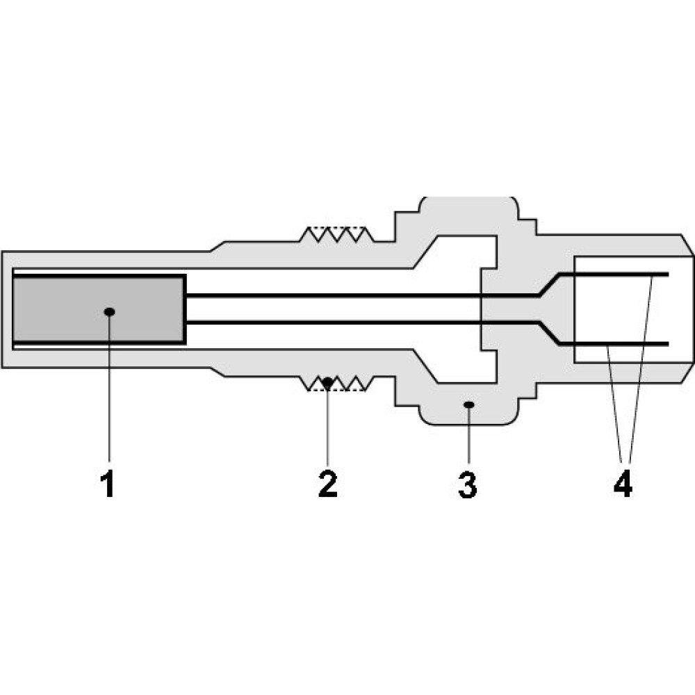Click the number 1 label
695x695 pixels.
108,485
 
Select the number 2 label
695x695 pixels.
327,484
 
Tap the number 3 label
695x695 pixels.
468,485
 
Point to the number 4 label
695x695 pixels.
623,485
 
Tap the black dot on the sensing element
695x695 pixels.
108,311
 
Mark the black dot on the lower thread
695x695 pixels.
327,382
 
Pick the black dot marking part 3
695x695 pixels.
468,403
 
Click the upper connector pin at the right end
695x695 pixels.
619,274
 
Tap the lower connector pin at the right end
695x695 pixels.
619,344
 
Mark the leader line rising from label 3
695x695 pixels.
468,434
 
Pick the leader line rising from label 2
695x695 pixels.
327,424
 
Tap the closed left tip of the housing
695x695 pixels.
6,309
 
